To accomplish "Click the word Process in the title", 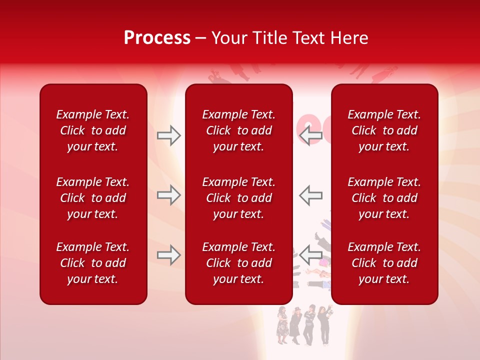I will click(x=157, y=38).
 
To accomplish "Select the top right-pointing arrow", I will click(x=168, y=135).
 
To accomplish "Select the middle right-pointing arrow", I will click(x=168, y=195).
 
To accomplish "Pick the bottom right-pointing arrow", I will click(x=168, y=255).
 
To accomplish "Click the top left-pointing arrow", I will click(x=311, y=135).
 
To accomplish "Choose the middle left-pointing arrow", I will click(x=311, y=195).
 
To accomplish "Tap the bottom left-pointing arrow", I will click(x=311, y=255).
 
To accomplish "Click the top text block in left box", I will click(x=93, y=130).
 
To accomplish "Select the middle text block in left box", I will click(x=93, y=198).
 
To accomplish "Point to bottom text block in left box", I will click(x=93, y=263).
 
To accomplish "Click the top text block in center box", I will click(x=238, y=130).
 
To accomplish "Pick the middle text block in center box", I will click(x=238, y=198).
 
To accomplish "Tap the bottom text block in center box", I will click(x=238, y=263).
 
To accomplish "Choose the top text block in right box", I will click(x=384, y=130).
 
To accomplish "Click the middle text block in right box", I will click(x=384, y=198).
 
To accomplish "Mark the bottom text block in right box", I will click(x=384, y=263).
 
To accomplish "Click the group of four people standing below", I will click(x=304, y=325).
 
